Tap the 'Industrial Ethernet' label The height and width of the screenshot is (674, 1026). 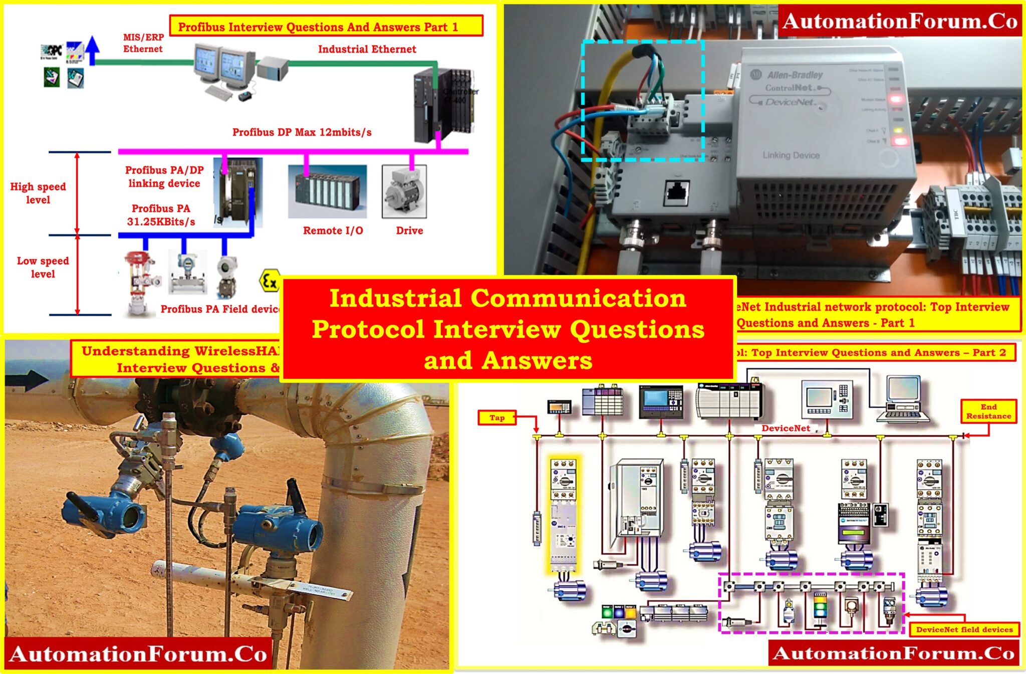pyautogui.click(x=367, y=49)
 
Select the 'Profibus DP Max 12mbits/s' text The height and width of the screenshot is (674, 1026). pyautogui.click(x=302, y=132)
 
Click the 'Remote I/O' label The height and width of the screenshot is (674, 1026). pyautogui.click(x=333, y=231)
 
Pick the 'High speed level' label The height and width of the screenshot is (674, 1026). pyautogui.click(x=38, y=193)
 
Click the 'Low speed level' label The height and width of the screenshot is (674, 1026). pyautogui.click(x=43, y=267)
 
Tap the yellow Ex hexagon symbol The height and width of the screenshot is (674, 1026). pyautogui.click(x=269, y=281)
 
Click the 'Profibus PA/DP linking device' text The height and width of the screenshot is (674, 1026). pyautogui.click(x=164, y=176)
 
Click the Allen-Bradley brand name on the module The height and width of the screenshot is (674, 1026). pyautogui.click(x=795, y=75)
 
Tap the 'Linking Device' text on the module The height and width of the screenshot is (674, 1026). pyautogui.click(x=791, y=155)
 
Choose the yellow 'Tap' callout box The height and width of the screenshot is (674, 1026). pyautogui.click(x=497, y=417)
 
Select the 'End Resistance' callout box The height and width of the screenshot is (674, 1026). pyautogui.click(x=988, y=411)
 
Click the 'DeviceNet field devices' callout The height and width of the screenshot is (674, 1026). pyautogui.click(x=964, y=629)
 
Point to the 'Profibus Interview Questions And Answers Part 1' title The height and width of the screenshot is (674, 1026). pyautogui.click(x=326, y=27)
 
